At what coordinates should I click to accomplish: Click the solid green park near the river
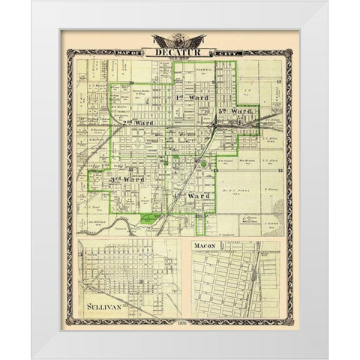tap(148, 219)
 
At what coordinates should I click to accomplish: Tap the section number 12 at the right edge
tap(278, 82)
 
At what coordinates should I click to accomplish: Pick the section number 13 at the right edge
tap(278, 172)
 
